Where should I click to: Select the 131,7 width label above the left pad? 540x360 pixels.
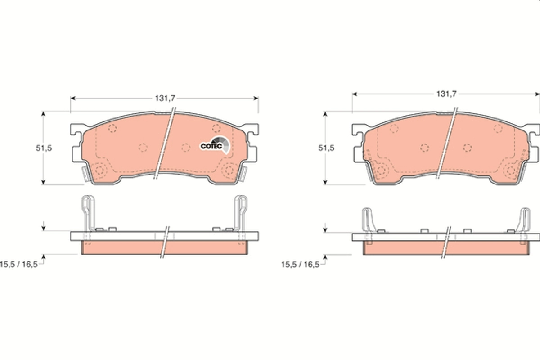tap(165, 98)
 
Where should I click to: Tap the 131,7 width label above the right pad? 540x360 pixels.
tap(446, 94)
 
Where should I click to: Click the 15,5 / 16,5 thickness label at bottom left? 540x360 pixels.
tap(18, 264)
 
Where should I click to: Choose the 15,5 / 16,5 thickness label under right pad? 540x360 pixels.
tap(300, 265)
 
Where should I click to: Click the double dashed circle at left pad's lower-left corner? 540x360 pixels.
tap(100, 170)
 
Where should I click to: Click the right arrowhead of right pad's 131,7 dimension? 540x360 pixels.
tap(536, 94)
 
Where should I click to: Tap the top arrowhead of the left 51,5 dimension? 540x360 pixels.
tap(44, 114)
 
